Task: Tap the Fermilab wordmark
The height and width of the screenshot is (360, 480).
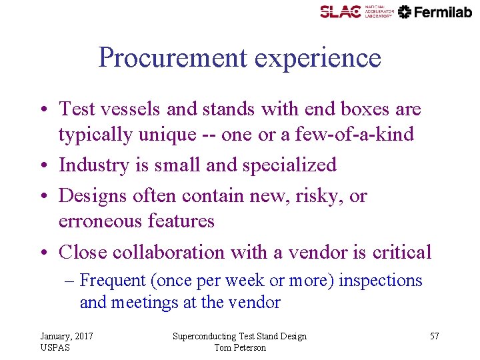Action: (443, 12)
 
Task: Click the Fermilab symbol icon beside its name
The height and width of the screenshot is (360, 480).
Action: (405, 12)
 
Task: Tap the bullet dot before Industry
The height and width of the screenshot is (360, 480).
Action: (47, 165)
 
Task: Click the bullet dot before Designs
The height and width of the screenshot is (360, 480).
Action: (47, 197)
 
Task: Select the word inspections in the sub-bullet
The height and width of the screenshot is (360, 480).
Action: (381, 281)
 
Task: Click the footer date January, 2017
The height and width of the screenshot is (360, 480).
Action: (67, 336)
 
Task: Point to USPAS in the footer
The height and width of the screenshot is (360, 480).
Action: (55, 347)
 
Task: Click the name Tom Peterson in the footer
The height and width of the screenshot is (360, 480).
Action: (240, 347)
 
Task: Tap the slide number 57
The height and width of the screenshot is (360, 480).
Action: (434, 336)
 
